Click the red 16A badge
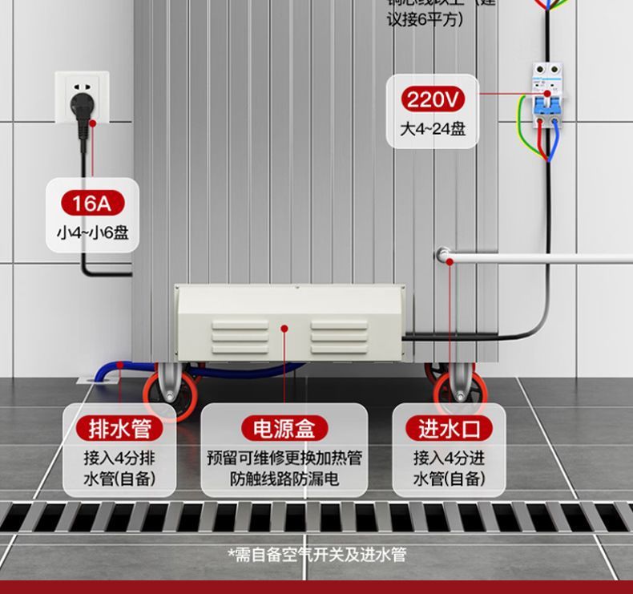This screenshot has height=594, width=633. pos(91,204)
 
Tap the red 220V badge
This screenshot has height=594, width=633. pos(433,100)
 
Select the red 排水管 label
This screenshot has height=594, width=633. pos(119,429)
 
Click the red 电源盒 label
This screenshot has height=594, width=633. pos(284,429)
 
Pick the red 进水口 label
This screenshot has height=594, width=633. pos(450,429)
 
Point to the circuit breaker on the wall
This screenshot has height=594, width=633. pos(547,95)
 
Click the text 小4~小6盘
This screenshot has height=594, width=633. pos(92,234)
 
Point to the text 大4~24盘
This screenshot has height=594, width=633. pos(433,128)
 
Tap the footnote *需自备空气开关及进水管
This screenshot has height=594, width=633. pos(316,555)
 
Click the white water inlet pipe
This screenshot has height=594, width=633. pos(545,259)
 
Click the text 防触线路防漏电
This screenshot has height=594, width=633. pos(284,479)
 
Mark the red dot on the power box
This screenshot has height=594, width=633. pos(284,327)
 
